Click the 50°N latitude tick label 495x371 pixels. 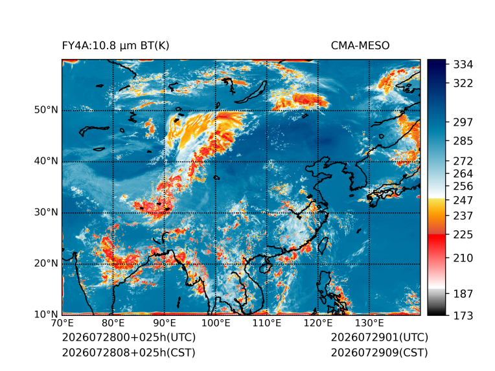point(46,110)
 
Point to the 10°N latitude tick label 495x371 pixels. point(46,314)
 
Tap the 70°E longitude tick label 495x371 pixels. point(62,323)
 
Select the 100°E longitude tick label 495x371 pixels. point(216,323)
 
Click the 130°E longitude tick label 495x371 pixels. point(369,323)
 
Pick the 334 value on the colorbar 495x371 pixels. point(463,65)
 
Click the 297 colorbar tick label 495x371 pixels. point(463,122)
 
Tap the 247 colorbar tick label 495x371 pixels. point(463,200)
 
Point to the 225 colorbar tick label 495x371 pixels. point(463,235)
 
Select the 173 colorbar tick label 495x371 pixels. point(463,315)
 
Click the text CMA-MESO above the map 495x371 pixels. point(360,46)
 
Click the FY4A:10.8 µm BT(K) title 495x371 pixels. point(115,46)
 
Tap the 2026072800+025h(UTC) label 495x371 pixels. point(129,337)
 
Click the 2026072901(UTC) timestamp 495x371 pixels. point(380,337)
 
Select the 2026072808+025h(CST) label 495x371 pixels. point(129,353)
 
